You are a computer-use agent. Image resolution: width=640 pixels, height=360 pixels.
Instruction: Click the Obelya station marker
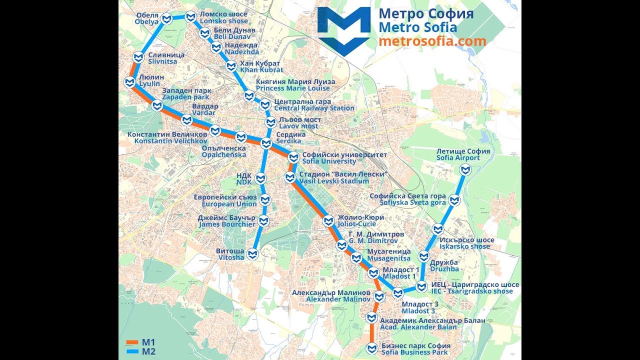click(x=167, y=19)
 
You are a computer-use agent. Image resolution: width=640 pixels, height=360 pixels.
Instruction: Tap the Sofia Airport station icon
click(x=465, y=170)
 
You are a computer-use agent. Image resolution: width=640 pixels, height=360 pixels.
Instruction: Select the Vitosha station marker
click(x=254, y=254)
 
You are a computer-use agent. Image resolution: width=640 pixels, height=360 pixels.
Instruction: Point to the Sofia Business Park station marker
click(x=371, y=348)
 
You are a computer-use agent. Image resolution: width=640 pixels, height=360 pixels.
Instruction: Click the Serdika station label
click(x=290, y=138)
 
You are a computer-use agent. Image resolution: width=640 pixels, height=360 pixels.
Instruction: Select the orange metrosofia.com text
click(x=432, y=41)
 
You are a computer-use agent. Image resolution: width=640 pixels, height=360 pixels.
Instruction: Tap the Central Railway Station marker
click(x=265, y=105)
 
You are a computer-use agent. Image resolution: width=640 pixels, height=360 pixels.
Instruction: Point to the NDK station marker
click(x=260, y=178)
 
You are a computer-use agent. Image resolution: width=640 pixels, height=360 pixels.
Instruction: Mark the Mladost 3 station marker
click(x=398, y=293)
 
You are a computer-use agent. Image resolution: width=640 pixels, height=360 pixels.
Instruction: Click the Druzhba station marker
click(x=423, y=257)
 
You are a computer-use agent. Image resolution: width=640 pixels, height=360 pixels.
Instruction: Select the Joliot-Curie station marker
click(x=328, y=220)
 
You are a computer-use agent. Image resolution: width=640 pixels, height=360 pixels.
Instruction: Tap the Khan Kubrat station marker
click(x=231, y=66)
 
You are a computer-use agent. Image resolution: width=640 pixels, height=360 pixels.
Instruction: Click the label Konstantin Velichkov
click(x=167, y=137)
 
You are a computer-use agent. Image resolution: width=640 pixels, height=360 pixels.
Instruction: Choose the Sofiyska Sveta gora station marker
click(x=454, y=200)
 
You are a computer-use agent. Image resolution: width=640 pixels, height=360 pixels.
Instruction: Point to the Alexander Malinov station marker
click(x=379, y=296)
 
